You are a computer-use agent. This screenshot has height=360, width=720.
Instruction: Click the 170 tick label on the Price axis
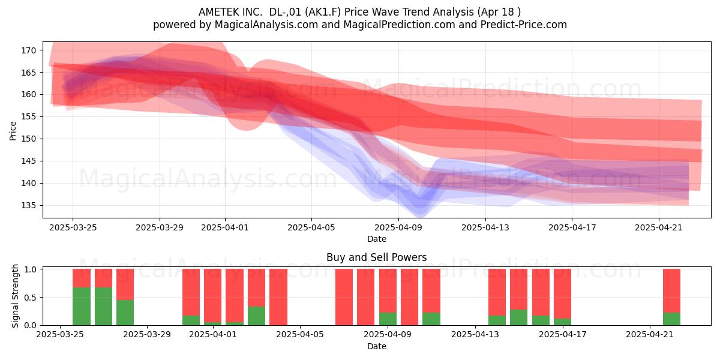click(29, 50)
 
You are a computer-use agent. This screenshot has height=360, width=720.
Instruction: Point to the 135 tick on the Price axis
click(29, 205)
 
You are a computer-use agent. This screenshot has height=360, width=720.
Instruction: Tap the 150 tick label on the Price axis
click(29, 139)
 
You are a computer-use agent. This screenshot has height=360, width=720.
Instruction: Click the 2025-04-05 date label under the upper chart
click(311, 227)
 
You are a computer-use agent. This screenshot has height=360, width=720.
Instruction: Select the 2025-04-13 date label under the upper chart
click(485, 227)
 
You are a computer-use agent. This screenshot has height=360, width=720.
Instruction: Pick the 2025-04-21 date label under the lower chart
click(650, 334)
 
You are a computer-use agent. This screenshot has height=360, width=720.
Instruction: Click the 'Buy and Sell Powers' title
click(377, 257)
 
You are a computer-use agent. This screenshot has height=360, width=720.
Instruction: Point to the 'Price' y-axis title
click(13, 131)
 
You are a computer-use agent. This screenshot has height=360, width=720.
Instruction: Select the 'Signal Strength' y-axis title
click(15, 296)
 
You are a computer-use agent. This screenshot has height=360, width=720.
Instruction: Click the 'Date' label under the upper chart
click(377, 239)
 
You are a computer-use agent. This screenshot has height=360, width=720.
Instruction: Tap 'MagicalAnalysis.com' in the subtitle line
click(266, 25)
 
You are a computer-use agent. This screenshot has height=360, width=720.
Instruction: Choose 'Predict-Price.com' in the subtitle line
click(524, 25)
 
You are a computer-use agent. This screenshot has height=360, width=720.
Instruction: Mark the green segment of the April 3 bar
click(257, 316)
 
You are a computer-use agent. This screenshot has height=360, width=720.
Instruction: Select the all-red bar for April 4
click(278, 297)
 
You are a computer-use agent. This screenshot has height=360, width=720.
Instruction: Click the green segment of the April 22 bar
click(672, 319)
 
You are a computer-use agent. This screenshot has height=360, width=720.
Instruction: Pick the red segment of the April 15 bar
click(519, 289)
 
